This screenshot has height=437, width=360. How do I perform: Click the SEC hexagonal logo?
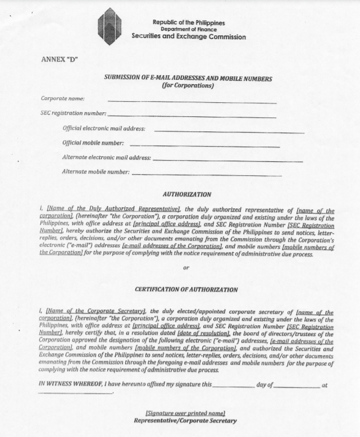point(110,26)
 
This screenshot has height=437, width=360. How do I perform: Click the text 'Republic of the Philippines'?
point(188,22)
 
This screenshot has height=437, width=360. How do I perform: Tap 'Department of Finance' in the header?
point(188,29)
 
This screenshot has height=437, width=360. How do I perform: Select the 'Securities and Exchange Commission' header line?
point(188,37)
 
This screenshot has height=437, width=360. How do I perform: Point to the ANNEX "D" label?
point(59,58)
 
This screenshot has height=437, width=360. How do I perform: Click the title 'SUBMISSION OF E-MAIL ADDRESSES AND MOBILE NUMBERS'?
point(188,79)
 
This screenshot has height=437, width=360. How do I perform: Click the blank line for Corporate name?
point(192,102)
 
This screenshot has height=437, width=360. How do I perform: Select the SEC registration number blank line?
point(192,117)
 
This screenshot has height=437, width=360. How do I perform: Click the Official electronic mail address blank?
point(229,132)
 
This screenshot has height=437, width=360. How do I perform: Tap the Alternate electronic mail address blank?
point(227,161)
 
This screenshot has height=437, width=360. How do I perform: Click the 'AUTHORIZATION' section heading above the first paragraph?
point(187,194)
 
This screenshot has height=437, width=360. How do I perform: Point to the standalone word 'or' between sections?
point(186,268)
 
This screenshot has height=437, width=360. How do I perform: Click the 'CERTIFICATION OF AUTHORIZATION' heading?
point(186,290)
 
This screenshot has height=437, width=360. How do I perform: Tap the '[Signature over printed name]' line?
point(185,413)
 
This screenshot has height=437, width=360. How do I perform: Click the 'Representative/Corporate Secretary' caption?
point(185,421)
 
